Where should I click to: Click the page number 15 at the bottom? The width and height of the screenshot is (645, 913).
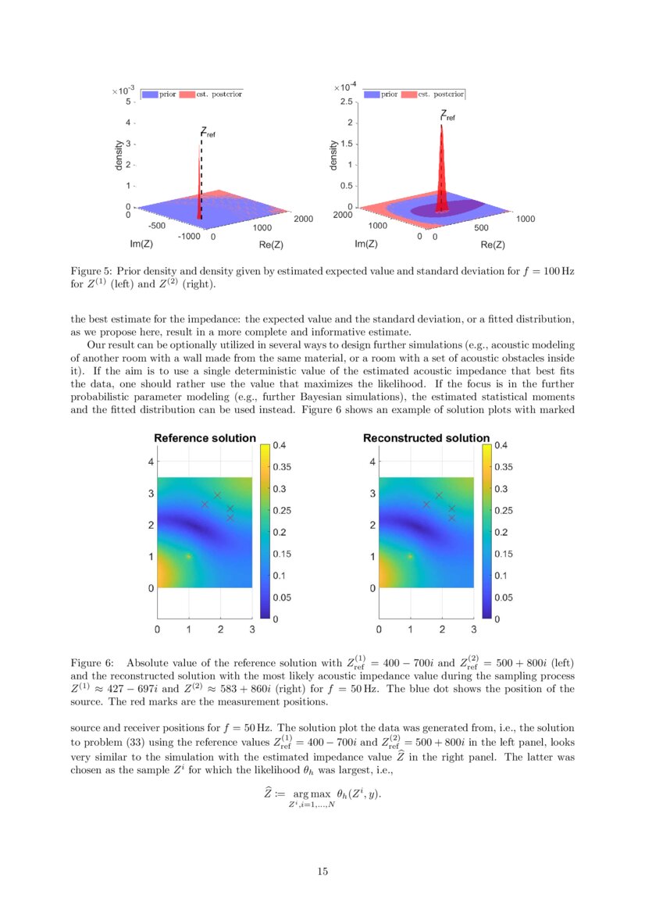(322, 872)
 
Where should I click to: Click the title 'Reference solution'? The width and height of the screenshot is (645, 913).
(205, 438)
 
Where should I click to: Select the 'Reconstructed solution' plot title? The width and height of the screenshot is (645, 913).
(426, 438)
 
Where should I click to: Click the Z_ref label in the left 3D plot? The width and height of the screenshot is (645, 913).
(208, 133)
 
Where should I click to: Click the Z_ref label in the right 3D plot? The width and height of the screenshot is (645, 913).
(447, 116)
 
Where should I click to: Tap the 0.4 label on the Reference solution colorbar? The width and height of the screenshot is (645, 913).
(280, 446)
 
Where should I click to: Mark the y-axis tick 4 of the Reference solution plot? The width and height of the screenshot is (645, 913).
(151, 462)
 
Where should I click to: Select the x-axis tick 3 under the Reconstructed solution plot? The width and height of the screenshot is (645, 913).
(473, 629)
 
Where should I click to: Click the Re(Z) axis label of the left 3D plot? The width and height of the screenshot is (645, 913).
(270, 244)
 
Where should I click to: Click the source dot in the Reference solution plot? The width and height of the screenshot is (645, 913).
(188, 556)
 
